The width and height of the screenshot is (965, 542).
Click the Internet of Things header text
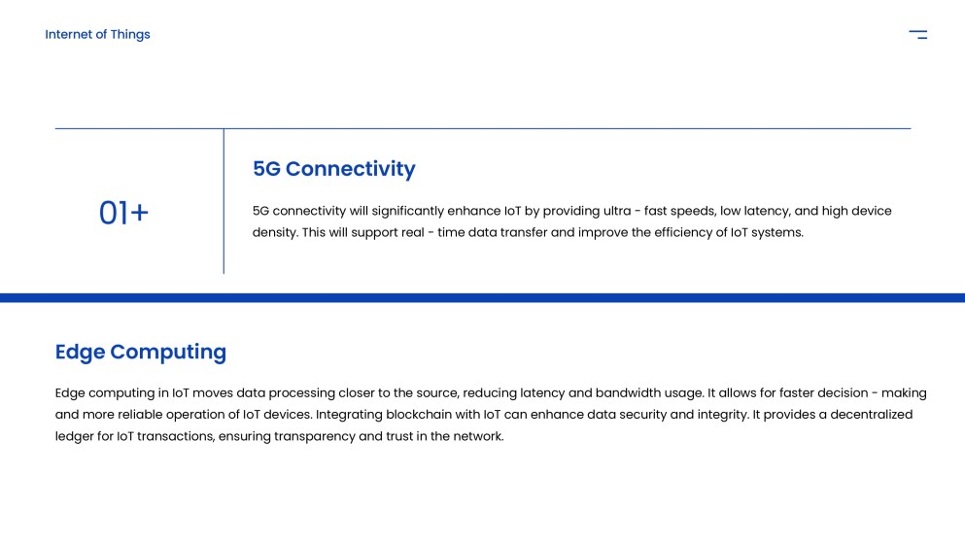[97, 35]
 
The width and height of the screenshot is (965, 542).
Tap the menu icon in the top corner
[917, 35]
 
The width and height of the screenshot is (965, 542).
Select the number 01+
[123, 213]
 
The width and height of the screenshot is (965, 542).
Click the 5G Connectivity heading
[333, 169]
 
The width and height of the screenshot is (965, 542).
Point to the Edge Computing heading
[140, 352]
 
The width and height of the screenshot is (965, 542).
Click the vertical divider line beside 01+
[224, 201]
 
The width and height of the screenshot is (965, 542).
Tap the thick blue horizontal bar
[482, 298]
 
